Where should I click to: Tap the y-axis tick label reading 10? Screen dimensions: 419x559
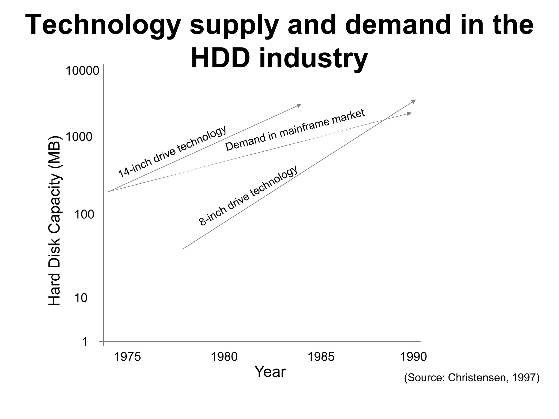click(81, 298)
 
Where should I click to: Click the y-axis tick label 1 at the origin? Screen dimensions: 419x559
click(85, 342)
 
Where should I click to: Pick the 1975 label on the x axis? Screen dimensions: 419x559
click(127, 357)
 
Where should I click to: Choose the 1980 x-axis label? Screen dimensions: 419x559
click(224, 357)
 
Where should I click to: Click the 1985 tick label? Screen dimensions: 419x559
click(321, 357)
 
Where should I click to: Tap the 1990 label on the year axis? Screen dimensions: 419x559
click(413, 357)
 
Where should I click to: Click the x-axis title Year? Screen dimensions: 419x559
click(270, 372)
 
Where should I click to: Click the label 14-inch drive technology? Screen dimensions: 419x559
click(172, 152)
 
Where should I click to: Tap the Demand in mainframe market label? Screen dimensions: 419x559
click(295, 130)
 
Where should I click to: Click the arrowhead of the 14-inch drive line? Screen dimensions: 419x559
click(299, 105)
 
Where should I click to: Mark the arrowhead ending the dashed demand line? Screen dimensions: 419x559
click(409, 113)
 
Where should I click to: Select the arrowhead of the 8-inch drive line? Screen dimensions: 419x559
click(414, 101)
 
